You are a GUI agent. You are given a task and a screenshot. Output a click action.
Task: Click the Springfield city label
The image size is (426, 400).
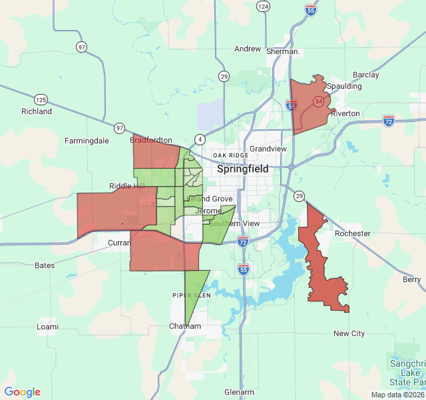[243, 169]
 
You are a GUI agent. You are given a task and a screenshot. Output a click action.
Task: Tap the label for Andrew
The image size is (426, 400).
[248, 49]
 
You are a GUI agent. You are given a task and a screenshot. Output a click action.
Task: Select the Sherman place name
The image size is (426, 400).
[282, 51]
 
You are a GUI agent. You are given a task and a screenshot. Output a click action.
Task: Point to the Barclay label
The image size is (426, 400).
[365, 75]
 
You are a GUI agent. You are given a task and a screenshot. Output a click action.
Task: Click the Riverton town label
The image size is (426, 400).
[345, 113]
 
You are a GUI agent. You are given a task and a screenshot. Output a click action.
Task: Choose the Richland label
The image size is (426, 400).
[37, 111]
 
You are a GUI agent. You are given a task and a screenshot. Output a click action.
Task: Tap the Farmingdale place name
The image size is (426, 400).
[87, 141]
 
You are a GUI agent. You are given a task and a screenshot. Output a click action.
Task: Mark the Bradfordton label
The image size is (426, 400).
[151, 141]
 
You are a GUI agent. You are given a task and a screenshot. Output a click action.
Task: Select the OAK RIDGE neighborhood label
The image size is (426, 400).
[230, 155]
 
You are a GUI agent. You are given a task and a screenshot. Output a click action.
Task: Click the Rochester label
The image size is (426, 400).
[353, 233]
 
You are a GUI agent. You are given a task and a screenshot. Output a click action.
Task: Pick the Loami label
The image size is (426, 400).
[47, 327]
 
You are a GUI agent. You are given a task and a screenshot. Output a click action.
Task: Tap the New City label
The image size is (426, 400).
[349, 333]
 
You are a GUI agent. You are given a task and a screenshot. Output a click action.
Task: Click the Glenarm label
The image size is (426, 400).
[240, 392]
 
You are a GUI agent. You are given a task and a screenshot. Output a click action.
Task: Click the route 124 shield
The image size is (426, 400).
[264, 6]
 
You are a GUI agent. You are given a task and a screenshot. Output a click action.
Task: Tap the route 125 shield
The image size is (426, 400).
[41, 99]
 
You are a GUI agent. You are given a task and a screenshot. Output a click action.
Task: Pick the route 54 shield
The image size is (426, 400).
[319, 101]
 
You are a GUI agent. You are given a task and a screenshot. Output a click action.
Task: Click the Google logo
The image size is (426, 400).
[22, 392]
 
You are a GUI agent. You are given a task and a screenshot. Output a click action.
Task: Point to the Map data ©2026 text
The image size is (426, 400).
[397, 395]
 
